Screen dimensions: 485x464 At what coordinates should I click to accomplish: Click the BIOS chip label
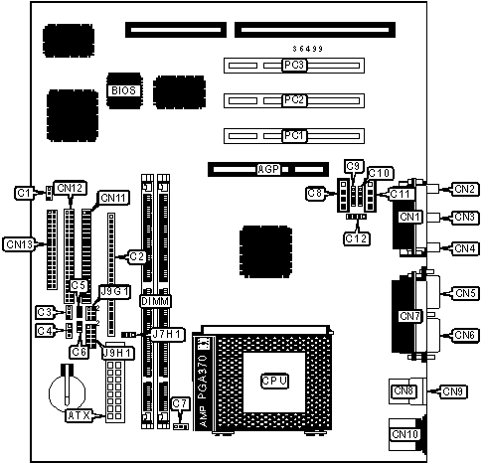pos(123,90)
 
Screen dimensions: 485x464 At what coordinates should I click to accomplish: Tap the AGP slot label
pos(268,169)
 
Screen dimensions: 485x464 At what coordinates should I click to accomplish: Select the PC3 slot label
pos(294,65)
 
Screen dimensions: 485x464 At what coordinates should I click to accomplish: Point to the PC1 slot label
pos(294,136)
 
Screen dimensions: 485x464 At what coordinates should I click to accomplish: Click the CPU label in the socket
pos(274,382)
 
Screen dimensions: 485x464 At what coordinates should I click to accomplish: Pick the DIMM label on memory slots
pos(155,302)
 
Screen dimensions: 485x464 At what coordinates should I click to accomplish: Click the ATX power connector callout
pos(80,415)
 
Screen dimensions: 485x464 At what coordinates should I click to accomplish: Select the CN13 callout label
pos(20,244)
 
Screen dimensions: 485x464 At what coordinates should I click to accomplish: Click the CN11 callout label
pos(113,198)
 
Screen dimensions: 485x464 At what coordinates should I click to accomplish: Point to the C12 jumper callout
pos(357,238)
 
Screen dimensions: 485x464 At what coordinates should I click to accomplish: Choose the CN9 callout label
pos(452,391)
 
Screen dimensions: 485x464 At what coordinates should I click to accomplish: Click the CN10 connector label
pos(405,434)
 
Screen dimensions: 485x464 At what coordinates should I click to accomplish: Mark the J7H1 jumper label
pos(168,335)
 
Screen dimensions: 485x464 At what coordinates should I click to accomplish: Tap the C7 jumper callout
pos(181,404)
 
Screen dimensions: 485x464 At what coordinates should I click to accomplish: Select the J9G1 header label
pos(115,292)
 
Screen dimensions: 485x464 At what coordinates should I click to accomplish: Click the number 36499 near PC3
pos(308,49)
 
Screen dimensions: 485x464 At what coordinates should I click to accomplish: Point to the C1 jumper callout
pos(24,193)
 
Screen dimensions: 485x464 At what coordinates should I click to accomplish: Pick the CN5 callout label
pos(465,293)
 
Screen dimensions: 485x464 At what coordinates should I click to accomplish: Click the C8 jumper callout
pos(315,194)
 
